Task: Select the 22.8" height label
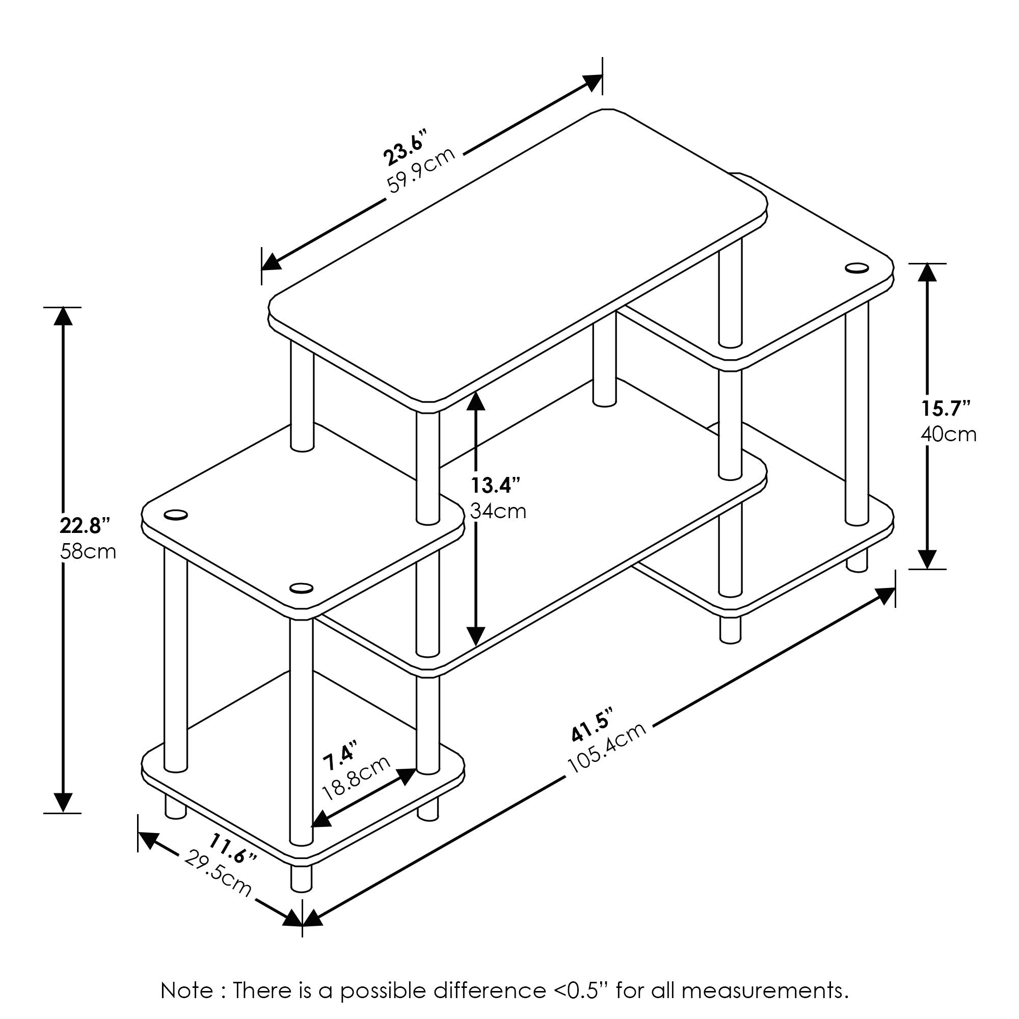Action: (85, 526)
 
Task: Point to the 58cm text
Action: (88, 552)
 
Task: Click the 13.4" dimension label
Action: (495, 484)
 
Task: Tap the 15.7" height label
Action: (946, 408)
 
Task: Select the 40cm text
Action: (948, 434)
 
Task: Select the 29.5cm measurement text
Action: (218, 873)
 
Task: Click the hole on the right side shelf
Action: (856, 268)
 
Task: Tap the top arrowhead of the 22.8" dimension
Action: (63, 317)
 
